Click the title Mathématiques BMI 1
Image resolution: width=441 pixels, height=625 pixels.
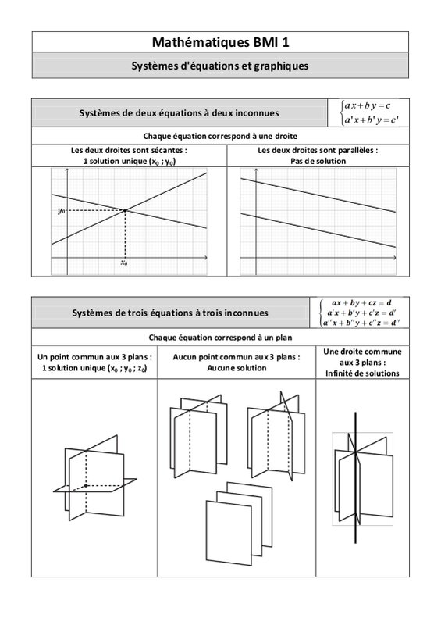220,42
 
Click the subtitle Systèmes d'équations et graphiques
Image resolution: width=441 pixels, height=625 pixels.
220,66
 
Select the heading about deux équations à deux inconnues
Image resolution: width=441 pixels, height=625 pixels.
179,113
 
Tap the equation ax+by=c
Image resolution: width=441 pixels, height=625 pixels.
368,105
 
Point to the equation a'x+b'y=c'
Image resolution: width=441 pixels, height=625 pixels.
372,120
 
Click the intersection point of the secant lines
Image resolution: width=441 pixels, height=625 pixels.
125,210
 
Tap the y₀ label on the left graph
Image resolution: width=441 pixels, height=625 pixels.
61,210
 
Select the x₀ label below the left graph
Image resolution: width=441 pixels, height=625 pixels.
124,262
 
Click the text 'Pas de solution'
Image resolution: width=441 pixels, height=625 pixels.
318,161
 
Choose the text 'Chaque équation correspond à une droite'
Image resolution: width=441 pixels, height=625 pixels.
220,136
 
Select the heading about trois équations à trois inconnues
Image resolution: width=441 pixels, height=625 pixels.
170,313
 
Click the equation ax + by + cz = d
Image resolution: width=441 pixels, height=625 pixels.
361,303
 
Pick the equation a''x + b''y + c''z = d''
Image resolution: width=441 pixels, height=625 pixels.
361,323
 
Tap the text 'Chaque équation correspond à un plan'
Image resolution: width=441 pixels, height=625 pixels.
220,337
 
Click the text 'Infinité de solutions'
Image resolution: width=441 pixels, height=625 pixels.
362,373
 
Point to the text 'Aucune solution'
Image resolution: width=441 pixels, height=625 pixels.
237,368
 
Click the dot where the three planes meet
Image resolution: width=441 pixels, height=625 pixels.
86,485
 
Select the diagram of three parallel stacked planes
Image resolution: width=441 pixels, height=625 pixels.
240,523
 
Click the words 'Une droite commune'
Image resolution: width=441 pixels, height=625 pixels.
362,352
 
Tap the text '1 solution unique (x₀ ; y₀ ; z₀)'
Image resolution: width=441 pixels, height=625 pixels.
94,368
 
